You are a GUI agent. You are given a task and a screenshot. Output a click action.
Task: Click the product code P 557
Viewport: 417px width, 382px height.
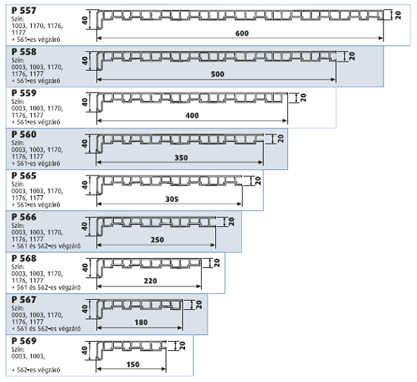tap(24, 11)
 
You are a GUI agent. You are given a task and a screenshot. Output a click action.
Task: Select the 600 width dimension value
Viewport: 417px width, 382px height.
tap(242, 33)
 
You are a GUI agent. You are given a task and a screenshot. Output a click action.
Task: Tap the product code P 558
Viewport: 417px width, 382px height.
tap(24, 52)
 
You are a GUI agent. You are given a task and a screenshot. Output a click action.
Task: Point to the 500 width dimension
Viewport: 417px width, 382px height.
tap(218, 74)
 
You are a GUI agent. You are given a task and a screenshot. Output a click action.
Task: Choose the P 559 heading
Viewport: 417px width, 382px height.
tap(24, 93)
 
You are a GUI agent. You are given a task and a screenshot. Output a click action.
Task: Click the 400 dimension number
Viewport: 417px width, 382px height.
tap(192, 115)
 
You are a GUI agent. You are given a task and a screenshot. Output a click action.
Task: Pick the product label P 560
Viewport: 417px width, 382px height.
tap(24, 134)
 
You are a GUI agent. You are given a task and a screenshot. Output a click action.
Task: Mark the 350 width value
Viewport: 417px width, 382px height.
tap(181, 158)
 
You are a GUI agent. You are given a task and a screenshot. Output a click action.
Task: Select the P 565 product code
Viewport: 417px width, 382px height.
tap(24, 175)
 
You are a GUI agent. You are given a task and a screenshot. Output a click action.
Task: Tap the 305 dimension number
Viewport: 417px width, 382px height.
tap(172, 199)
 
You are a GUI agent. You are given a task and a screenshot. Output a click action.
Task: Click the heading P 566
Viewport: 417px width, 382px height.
tap(24, 217)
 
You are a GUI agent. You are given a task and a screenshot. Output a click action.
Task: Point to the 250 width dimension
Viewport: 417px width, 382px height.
tap(157, 240)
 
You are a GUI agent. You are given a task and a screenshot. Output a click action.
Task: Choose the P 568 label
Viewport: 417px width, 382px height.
tap(24, 258)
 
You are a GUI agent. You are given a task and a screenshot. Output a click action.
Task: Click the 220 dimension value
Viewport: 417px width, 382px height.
tap(150, 281)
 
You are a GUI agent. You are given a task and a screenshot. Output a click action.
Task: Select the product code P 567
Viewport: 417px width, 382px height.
tap(24, 299)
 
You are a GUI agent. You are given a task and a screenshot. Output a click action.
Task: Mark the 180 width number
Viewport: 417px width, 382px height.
tap(141, 323)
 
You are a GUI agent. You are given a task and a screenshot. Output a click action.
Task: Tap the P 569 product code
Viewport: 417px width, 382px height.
tap(24, 341)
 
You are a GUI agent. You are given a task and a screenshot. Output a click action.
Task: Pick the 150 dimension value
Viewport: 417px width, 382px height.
tap(133, 365)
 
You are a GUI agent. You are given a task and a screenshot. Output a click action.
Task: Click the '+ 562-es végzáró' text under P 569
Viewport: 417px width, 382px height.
tap(36, 370)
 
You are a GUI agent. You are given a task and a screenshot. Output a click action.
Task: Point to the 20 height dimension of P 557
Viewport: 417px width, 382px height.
tap(398, 15)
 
